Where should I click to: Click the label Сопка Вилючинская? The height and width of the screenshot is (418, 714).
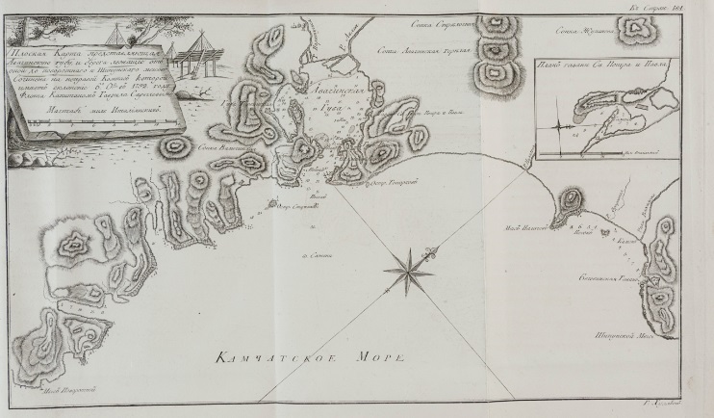217,148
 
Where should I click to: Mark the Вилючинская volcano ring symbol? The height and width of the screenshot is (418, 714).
176,147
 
